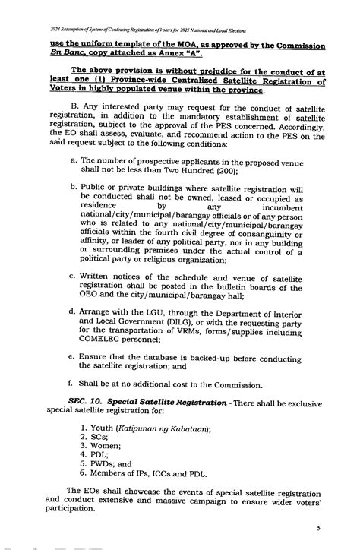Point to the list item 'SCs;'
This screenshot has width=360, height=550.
pos(99,438)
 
